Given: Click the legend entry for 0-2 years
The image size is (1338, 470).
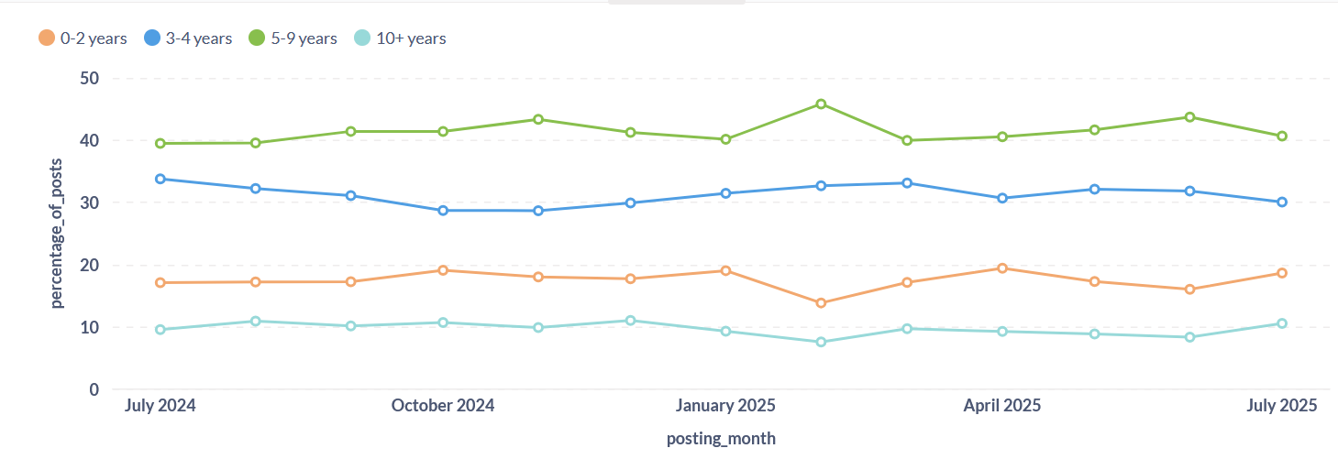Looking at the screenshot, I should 83,38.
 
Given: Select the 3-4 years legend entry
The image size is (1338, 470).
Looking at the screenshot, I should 188,38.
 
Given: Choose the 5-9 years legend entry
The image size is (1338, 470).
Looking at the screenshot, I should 293,38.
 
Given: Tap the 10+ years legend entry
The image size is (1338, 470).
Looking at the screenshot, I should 400,38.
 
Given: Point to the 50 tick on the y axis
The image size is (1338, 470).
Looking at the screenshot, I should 89,79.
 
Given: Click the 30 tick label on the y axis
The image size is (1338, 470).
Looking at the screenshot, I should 89,203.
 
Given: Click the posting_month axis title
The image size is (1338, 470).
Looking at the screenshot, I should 721,439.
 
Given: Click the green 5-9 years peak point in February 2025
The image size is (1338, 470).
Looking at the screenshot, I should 821,104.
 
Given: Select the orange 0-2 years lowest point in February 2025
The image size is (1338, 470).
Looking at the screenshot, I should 821,303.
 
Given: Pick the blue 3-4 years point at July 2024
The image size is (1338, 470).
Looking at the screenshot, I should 160,179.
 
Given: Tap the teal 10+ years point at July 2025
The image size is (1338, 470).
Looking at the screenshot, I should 1282,323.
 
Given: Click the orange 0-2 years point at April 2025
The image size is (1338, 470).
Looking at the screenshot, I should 1002,268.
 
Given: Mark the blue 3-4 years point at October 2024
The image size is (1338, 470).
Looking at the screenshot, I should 443,211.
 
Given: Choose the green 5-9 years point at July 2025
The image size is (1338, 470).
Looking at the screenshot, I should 1282,137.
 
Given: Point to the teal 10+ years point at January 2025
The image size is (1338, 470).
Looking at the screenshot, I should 725,332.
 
